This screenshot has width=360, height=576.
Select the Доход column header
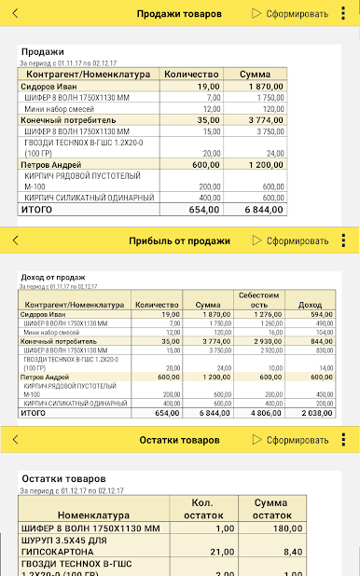pyautogui.click(x=309, y=305)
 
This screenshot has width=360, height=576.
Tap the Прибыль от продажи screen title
pyautogui.click(x=179, y=240)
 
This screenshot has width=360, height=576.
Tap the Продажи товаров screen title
pyautogui.click(x=179, y=14)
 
